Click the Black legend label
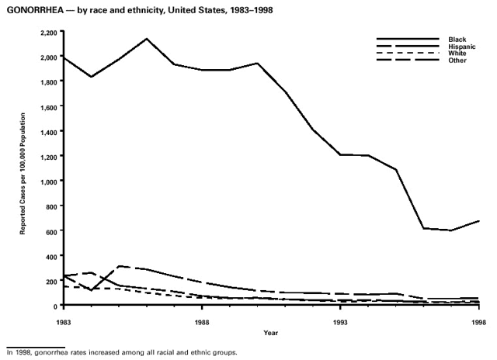pyautogui.click(x=457, y=39)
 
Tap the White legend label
pyautogui.click(x=457, y=53)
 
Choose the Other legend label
pyautogui.click(x=457, y=60)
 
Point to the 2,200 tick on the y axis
pyautogui.click(x=47, y=32)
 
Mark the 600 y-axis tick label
pyautogui.click(x=50, y=231)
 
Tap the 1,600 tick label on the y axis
pyautogui.click(x=47, y=106)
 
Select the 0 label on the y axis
pyautogui.click(x=55, y=306)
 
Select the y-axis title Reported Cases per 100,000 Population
pyautogui.click(x=24, y=169)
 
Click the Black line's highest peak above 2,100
pyautogui.click(x=148, y=39)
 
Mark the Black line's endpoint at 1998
pyautogui.click(x=478, y=221)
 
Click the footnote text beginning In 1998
pyautogui.click(x=120, y=351)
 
